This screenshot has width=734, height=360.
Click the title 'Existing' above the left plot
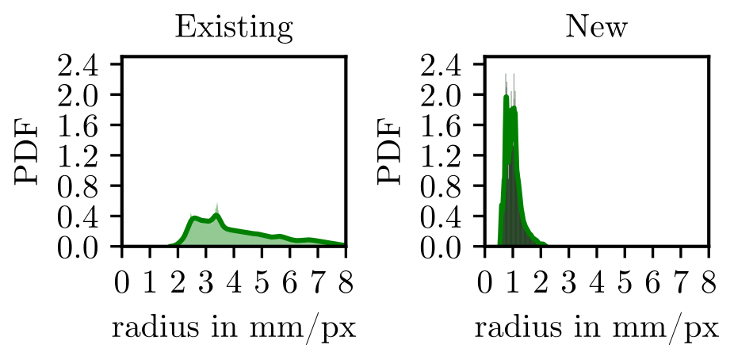pyautogui.click(x=234, y=28)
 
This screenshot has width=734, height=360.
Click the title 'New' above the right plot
pyautogui.click(x=596, y=28)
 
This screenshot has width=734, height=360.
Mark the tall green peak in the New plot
pyautogui.click(x=507, y=98)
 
